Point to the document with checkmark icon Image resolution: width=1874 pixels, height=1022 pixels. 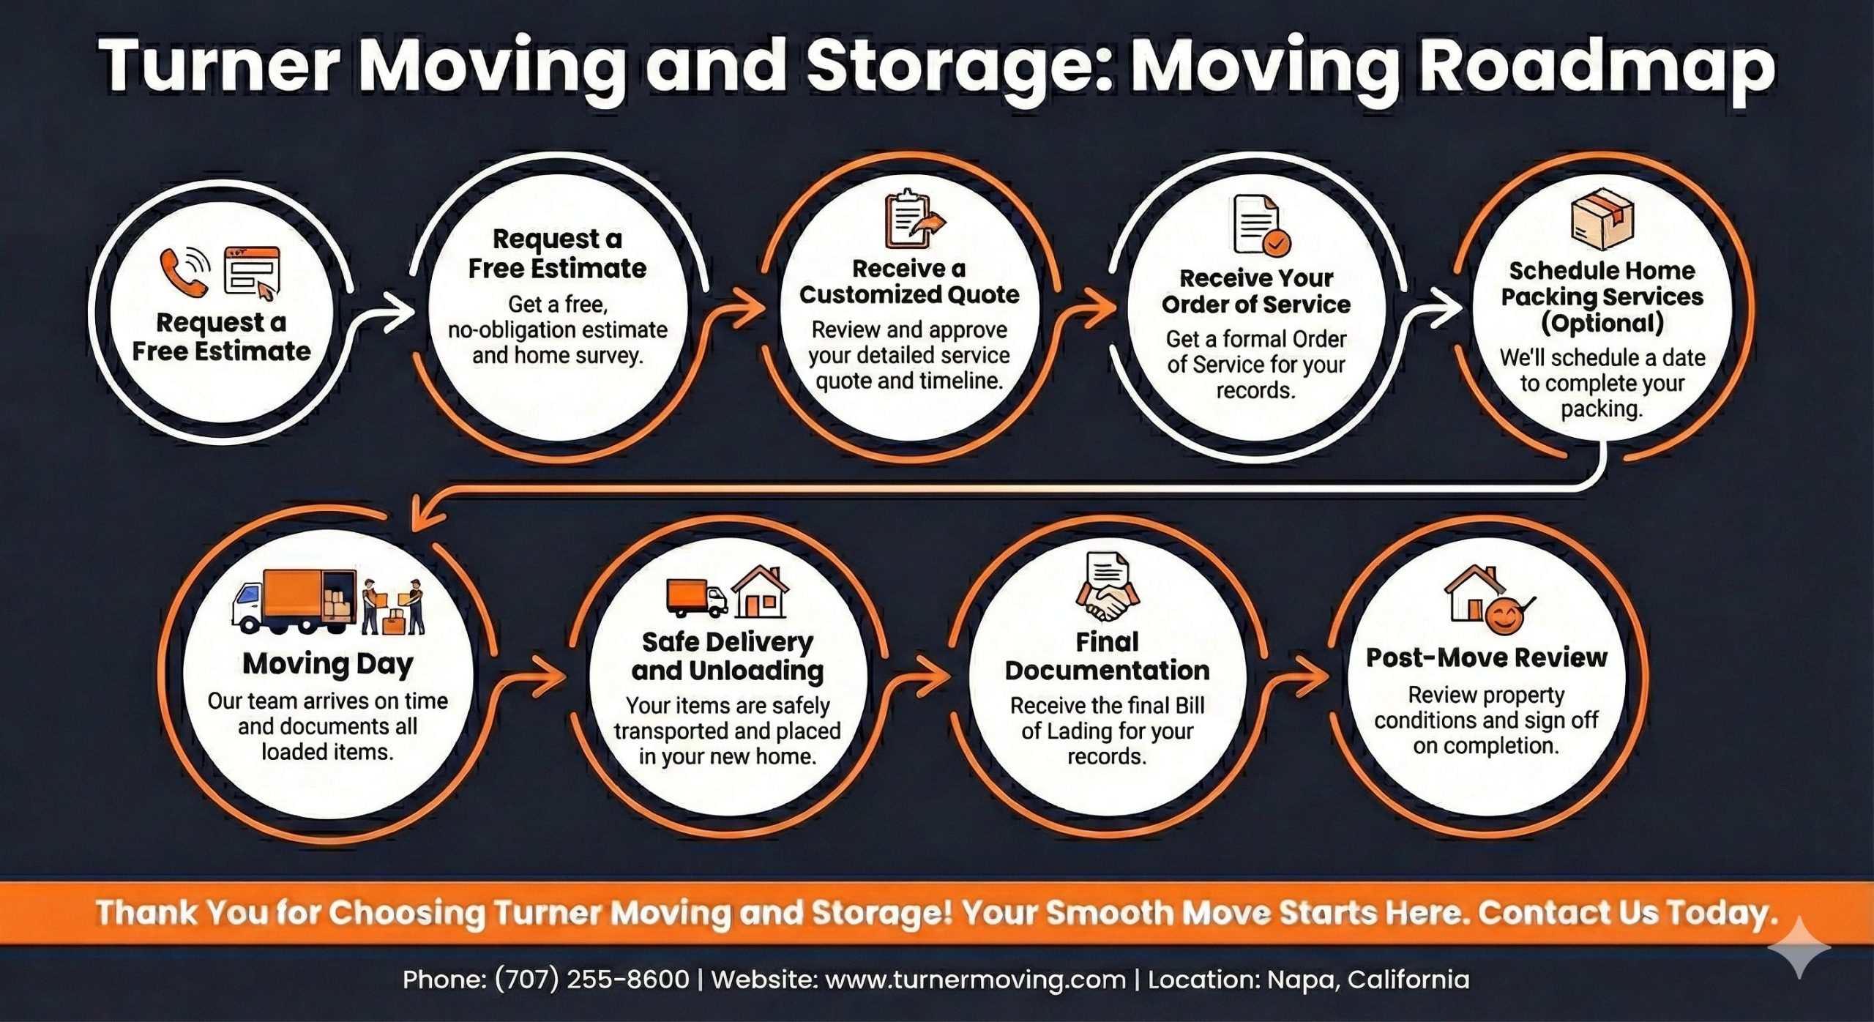[1261, 225]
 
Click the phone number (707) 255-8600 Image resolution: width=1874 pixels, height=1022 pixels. [591, 980]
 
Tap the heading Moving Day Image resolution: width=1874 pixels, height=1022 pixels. [328, 663]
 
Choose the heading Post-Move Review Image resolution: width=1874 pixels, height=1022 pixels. [1487, 657]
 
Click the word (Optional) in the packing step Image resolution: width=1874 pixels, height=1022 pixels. [1602, 323]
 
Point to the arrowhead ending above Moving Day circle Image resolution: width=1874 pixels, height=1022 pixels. [423, 516]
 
